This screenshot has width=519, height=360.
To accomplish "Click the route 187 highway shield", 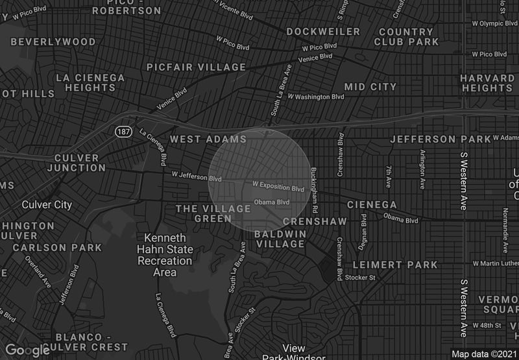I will point(123,132).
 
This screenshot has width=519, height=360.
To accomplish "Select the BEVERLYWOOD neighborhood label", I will point(53,42).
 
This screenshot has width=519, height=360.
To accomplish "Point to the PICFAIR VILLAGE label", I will point(197,67).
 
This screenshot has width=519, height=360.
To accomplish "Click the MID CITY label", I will point(370,86).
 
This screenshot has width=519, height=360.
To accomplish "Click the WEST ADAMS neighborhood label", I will point(208,139).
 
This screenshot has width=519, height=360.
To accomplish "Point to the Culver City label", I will point(47,205).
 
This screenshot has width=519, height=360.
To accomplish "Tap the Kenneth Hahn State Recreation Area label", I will point(164,255).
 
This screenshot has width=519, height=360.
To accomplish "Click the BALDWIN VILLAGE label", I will point(280,239).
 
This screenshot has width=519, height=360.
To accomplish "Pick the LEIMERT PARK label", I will point(395,265).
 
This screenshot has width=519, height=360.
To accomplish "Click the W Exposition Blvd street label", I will point(278,188).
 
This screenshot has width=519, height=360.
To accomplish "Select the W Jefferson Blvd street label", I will point(197,176).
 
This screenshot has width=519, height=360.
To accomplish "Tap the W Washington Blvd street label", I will point(315,97).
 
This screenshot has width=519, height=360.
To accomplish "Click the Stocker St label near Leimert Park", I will point(363,278).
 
